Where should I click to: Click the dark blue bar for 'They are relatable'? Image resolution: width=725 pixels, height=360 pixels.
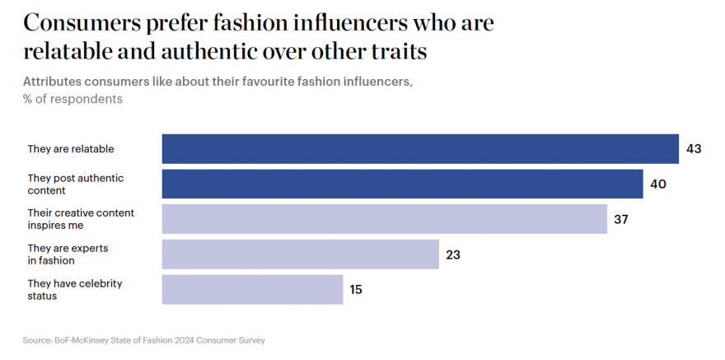[x=420, y=149]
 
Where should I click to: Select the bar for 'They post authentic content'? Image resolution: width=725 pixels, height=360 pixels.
[x=402, y=184]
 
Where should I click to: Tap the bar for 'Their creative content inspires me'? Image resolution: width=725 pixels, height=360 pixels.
[x=384, y=219]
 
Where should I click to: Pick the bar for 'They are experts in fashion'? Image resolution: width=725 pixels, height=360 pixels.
[x=300, y=255]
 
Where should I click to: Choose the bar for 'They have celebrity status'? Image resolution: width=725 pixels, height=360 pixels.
[x=252, y=290]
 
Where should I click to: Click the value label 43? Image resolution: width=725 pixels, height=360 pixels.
[x=694, y=149]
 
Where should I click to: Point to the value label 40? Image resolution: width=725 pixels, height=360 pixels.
[x=657, y=184]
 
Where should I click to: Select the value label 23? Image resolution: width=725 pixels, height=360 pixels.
[x=452, y=255]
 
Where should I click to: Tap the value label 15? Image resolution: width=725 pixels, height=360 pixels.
[x=355, y=290]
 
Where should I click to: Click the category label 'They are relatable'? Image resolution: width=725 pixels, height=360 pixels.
[x=71, y=149]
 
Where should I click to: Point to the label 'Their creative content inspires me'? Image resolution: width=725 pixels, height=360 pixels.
[x=81, y=218]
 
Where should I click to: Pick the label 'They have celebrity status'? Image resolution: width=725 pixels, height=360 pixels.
[x=75, y=289]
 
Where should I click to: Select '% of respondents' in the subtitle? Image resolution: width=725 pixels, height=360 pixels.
[x=72, y=99]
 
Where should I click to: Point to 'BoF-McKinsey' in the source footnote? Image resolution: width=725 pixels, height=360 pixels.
[x=79, y=339]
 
